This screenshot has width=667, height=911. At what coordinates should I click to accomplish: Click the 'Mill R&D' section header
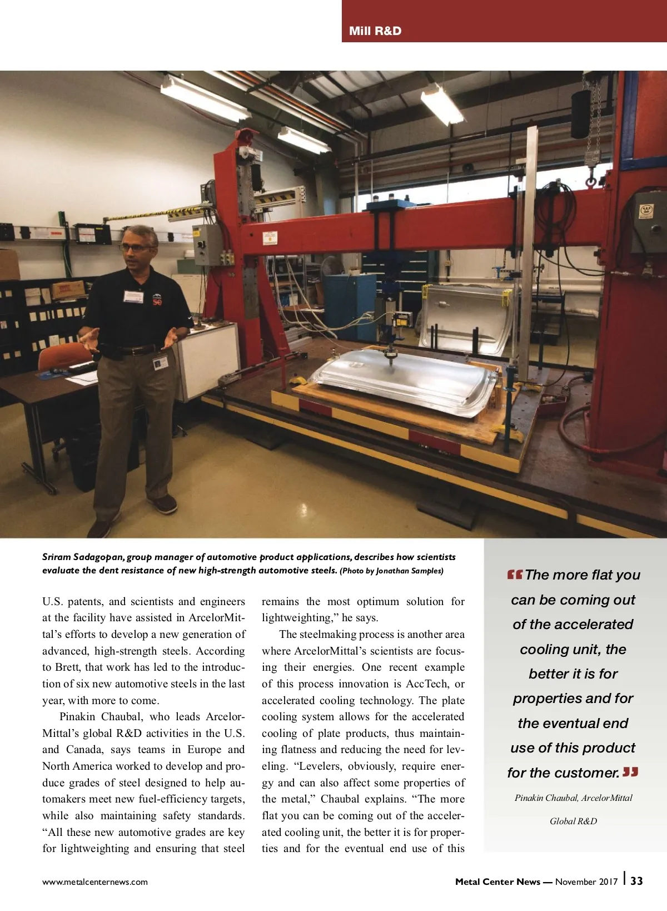coord(375,31)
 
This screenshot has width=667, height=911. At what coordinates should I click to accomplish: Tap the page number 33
coord(636,881)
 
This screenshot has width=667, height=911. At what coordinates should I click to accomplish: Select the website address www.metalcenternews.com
coord(95,882)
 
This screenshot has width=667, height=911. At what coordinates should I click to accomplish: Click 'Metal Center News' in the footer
coord(497,882)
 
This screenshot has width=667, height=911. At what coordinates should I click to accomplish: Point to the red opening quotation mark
coord(514,575)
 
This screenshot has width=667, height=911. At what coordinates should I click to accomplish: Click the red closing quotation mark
coord(630,772)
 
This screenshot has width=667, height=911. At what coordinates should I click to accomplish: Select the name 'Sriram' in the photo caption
coord(56,557)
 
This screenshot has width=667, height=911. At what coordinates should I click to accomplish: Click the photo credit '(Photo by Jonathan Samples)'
coord(391,571)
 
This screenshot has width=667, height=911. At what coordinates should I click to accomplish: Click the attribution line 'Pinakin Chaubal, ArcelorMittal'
coord(573,798)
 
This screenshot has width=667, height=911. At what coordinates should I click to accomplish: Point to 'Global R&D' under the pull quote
coord(573,821)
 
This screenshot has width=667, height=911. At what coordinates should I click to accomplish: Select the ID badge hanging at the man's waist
coord(160,363)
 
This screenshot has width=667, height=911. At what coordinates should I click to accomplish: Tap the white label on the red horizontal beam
coord(270,238)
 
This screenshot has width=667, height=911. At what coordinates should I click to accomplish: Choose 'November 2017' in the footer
coord(586,882)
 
